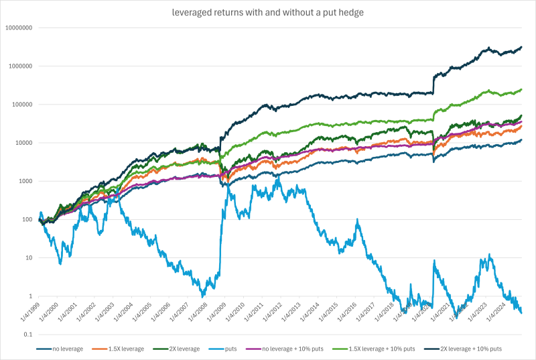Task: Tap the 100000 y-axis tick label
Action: tap(23, 105)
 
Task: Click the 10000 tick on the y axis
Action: tap(25, 143)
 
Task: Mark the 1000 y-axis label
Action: tap(27, 181)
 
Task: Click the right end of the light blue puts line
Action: tap(522, 312)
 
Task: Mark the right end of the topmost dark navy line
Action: tap(522, 47)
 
